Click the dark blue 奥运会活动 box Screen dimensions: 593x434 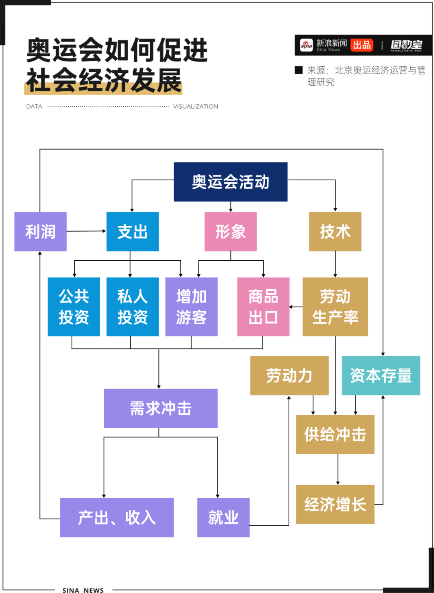click(x=230, y=182)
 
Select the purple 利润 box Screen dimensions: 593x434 click(x=40, y=232)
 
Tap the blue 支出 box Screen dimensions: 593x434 click(x=132, y=232)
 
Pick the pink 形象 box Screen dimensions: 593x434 click(x=230, y=232)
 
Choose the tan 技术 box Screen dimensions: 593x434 click(x=335, y=232)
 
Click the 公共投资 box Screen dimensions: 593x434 click(x=74, y=307)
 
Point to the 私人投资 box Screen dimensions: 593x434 click(x=132, y=307)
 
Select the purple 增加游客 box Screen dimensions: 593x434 click(x=191, y=307)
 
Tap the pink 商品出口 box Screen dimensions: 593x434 click(x=263, y=307)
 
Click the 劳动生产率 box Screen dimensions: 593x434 click(x=335, y=307)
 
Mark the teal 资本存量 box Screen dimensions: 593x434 click(x=381, y=375)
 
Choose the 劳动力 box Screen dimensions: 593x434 click(x=289, y=375)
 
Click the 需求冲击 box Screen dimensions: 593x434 click(x=160, y=408)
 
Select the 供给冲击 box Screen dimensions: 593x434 click(x=335, y=434)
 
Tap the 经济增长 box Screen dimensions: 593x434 click(x=335, y=504)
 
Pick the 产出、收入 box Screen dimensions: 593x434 click(x=117, y=517)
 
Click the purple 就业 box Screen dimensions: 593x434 click(x=223, y=517)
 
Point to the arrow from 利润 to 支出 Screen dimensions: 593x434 click(x=86, y=231)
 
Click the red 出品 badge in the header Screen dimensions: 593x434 click(x=362, y=45)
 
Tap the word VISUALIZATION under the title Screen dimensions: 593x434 click(x=195, y=107)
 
